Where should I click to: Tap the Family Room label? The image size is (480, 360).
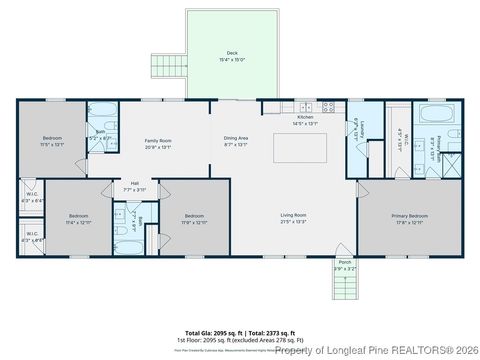(x=159, y=143)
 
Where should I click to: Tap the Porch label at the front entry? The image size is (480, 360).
(x=344, y=267)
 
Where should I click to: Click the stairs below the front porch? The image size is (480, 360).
(x=344, y=289)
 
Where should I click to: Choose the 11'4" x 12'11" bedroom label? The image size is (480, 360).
(x=78, y=218)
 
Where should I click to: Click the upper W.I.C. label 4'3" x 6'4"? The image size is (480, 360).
(x=32, y=197)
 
